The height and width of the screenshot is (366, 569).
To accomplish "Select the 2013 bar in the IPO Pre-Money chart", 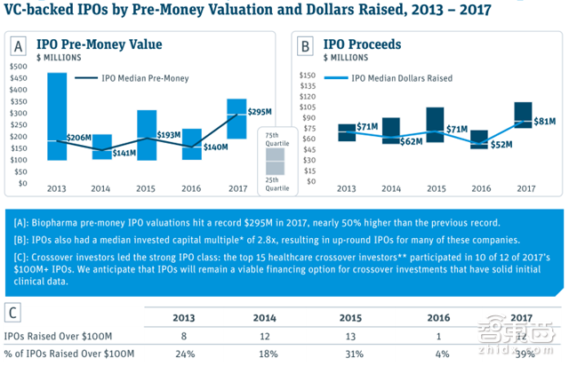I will pyautogui.click(x=58, y=115).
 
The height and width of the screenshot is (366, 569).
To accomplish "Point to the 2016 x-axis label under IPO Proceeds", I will pyautogui.click(x=479, y=188).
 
